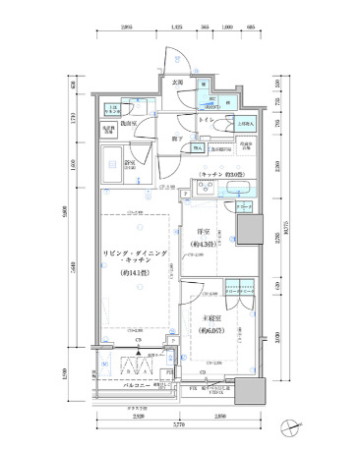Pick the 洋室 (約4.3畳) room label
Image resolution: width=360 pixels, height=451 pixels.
(205, 237)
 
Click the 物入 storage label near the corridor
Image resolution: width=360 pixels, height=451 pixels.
(198, 148)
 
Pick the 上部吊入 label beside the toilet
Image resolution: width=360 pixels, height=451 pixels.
(245, 124)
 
